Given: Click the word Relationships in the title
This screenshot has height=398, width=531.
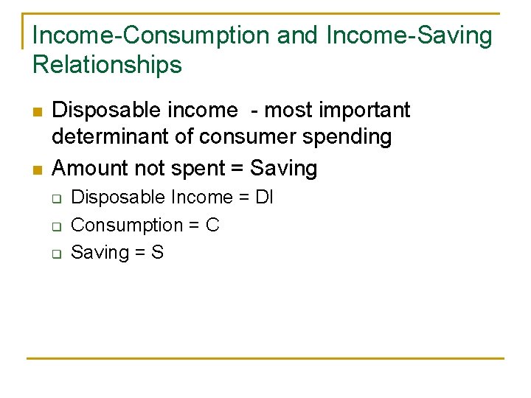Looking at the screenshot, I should [107, 65].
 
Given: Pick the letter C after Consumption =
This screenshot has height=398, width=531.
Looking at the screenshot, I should [212, 225].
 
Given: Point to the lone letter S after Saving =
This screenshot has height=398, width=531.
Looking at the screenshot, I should [157, 252].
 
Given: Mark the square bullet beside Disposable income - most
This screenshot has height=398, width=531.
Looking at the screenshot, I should [37, 112].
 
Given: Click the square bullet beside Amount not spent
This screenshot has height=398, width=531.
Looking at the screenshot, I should [37, 170].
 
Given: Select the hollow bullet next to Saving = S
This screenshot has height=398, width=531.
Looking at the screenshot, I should [55, 254].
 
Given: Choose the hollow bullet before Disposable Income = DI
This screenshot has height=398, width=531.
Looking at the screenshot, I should [55, 198].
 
